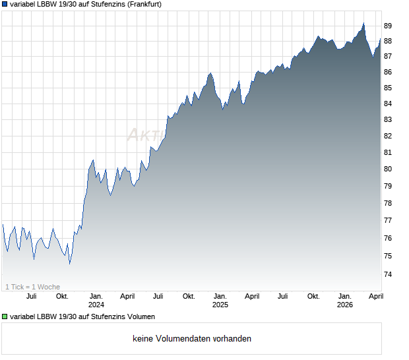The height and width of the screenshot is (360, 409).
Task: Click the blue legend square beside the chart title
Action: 5,4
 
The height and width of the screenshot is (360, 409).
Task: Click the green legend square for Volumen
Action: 5,317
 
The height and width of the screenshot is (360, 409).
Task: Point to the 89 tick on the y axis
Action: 388,26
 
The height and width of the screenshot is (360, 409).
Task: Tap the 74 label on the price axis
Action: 388,274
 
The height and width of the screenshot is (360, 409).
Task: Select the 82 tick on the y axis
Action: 388,136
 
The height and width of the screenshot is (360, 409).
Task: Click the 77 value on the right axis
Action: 388,220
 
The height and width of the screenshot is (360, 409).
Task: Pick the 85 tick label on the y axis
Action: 388,88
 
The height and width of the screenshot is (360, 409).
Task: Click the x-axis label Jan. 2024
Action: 96,300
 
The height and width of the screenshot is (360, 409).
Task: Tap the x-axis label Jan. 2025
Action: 220,300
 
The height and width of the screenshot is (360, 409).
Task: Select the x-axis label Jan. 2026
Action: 344,300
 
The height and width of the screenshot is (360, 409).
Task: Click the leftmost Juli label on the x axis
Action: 31,296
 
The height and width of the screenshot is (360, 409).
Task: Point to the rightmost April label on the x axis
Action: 375,296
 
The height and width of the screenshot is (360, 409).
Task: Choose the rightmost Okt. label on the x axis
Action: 313,296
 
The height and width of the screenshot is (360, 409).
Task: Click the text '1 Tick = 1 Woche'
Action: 32,287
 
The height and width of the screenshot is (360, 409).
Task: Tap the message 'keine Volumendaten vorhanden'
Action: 192,339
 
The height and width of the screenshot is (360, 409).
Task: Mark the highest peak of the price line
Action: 363,24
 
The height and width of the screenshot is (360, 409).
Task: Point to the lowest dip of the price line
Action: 69,263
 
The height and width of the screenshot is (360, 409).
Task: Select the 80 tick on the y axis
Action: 388,169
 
